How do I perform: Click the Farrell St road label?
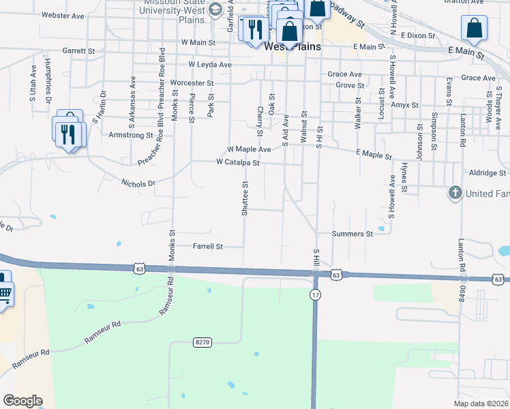pos(208,246)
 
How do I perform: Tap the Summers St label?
pos(352,234)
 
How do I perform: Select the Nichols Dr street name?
pos(138,183)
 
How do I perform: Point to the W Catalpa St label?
pos(237,163)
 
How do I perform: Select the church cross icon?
pos(455,194)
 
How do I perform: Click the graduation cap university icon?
pos(215,9)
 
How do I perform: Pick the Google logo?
pos(22,401)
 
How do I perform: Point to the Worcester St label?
pos(192,83)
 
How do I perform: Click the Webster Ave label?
pos(63,14)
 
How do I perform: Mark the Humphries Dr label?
pos(48,80)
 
